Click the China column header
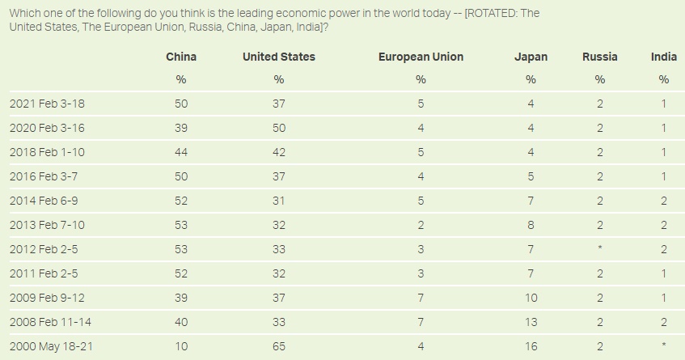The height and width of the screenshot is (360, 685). [181, 57]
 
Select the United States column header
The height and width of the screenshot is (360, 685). [279, 57]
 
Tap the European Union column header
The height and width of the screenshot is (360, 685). [421, 57]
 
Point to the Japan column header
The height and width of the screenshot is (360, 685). [531, 57]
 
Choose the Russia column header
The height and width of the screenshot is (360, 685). [599, 57]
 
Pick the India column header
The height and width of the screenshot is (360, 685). [664, 57]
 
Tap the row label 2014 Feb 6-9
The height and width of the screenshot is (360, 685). [42, 201]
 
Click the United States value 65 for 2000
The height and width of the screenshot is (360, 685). [279, 346]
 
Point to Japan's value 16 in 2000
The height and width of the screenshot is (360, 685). [531, 346]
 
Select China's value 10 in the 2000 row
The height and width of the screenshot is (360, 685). [181, 346]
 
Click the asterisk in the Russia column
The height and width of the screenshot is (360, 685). [599, 249]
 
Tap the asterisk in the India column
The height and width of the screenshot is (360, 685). [664, 346]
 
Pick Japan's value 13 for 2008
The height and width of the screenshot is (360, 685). [531, 322]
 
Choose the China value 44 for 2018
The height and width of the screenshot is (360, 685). [181, 152]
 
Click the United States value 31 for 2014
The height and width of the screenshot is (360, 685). [279, 201]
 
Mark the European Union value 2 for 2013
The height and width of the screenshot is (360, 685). [421, 225]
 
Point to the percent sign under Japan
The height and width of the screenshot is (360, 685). [531, 79]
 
